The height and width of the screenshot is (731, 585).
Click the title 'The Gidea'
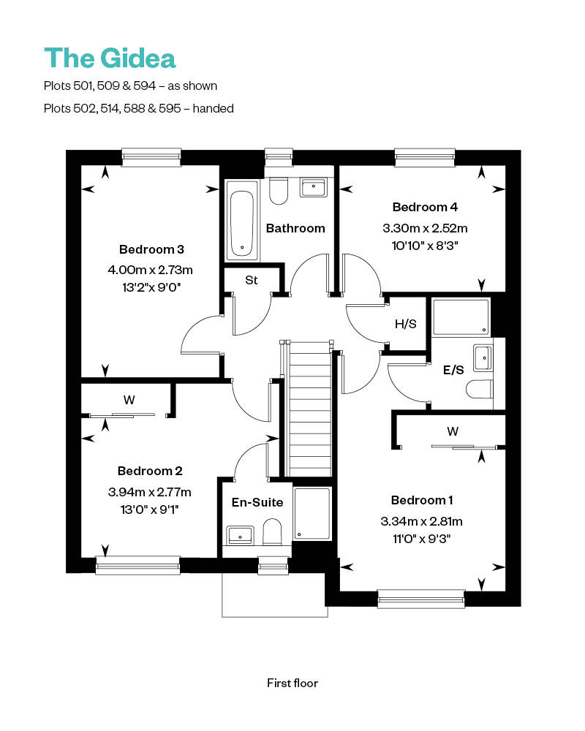click(110, 58)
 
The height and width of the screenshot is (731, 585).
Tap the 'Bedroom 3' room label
click(151, 249)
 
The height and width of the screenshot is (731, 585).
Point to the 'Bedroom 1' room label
click(422, 500)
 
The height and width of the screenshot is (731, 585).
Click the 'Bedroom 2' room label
click(150, 471)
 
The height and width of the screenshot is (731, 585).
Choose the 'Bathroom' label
click(295, 228)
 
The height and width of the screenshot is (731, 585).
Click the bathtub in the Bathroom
click(241, 223)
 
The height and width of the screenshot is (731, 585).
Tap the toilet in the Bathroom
click(279, 192)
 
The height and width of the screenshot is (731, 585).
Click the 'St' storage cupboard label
click(252, 280)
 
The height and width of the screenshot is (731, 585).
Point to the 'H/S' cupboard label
click(405, 323)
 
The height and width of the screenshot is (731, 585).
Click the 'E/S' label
click(454, 370)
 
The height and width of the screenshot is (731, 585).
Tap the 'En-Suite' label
click(257, 502)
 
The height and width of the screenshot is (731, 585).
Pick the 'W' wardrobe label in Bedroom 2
click(129, 399)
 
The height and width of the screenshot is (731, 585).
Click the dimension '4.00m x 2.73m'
click(150, 270)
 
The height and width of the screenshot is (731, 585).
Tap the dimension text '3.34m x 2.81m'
click(422, 521)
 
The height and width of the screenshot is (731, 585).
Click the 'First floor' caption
click(292, 683)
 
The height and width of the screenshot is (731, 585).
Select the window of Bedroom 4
click(425, 155)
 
